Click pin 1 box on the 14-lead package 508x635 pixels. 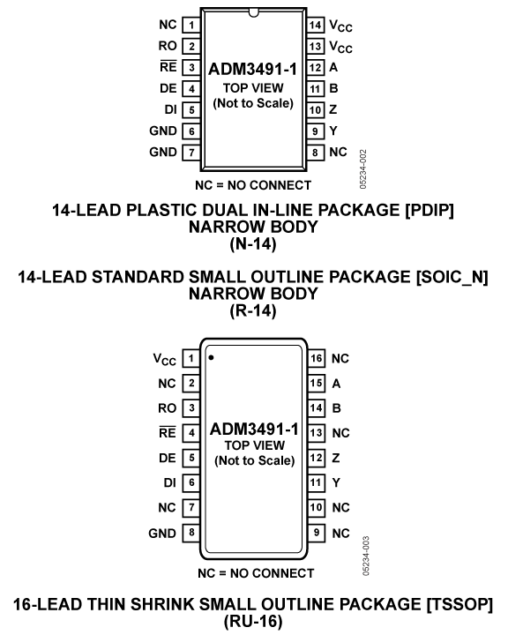pos(190,25)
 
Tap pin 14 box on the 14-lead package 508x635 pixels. pos(315,25)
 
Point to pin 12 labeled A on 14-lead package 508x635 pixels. pos(315,67)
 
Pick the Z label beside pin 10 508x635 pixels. pos(333,109)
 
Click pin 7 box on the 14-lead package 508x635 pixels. pos(190,152)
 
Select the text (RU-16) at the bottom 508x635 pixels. pos(253,618)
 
